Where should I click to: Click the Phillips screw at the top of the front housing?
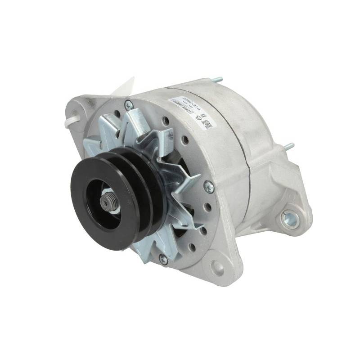(129, 105)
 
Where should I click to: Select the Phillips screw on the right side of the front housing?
(208, 185)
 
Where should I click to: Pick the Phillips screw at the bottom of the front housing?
(163, 259)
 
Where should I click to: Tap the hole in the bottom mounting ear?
(217, 267)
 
